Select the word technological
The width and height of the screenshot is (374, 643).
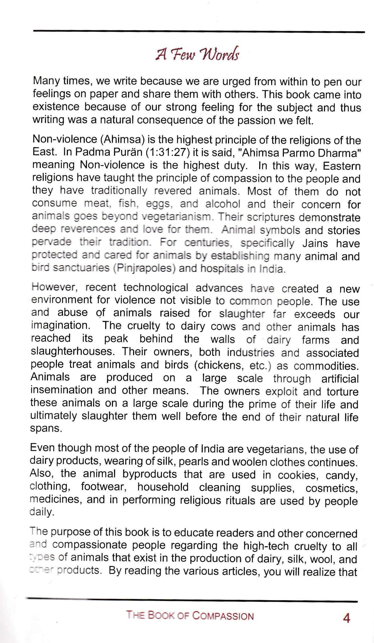(x=156, y=288)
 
